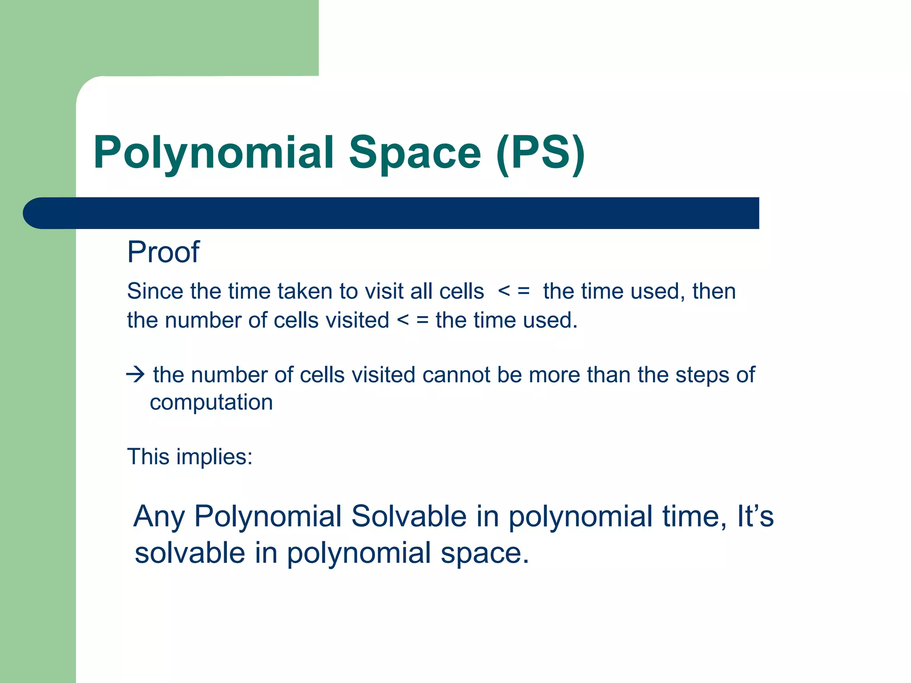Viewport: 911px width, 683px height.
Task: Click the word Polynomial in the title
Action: [214, 153]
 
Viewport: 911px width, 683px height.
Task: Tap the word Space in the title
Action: [415, 153]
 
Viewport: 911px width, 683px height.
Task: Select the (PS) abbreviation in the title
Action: [540, 153]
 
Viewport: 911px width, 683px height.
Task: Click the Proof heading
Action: [163, 252]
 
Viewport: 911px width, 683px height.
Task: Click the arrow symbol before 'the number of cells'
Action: [135, 374]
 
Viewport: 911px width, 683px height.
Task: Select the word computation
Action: [211, 402]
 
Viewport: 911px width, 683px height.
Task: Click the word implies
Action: [214, 457]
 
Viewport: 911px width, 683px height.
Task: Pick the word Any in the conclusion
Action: [159, 517]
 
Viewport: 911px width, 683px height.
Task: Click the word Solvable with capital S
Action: [409, 516]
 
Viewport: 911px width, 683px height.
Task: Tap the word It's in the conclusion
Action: [755, 516]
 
